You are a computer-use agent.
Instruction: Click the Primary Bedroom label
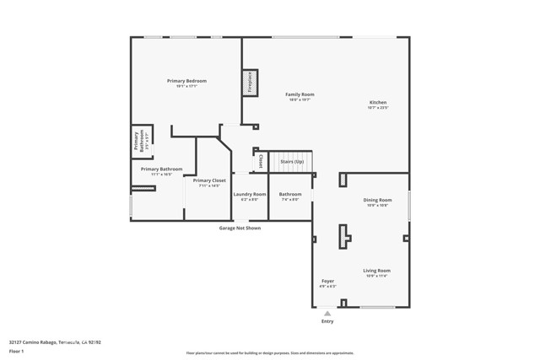[x=186, y=81]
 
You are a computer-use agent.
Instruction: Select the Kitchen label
[x=377, y=103]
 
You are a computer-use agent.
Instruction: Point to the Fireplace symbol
[x=251, y=82]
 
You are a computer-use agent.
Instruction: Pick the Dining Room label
[x=377, y=200]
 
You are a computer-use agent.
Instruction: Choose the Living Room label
[x=376, y=271]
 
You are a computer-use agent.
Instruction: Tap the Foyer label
[x=327, y=281]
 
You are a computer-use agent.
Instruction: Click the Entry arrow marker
[x=327, y=313]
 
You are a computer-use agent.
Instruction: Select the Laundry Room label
[x=249, y=194]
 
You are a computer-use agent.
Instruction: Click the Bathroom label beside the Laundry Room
[x=290, y=194]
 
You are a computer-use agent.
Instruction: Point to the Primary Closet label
[x=208, y=180]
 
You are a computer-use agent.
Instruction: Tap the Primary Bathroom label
[x=161, y=169]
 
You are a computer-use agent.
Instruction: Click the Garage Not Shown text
[x=240, y=228]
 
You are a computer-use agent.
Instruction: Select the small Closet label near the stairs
[x=262, y=160]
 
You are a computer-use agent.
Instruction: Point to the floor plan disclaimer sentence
[x=270, y=352]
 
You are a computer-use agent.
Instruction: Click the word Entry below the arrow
[x=327, y=321]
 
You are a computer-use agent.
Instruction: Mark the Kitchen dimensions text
[x=377, y=108]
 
